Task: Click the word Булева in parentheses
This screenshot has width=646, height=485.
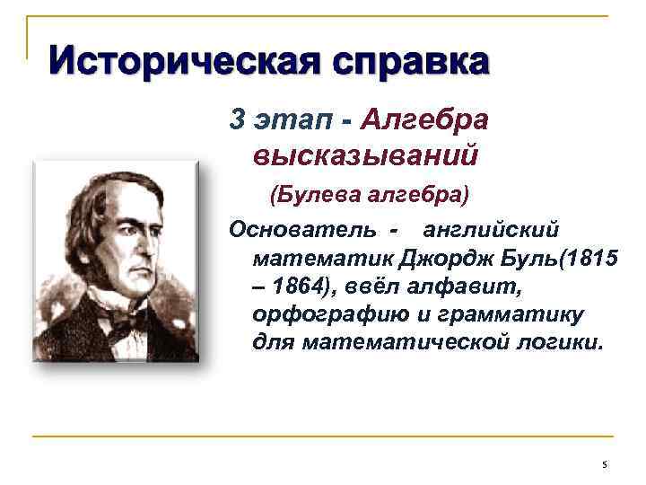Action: click(x=314, y=194)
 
